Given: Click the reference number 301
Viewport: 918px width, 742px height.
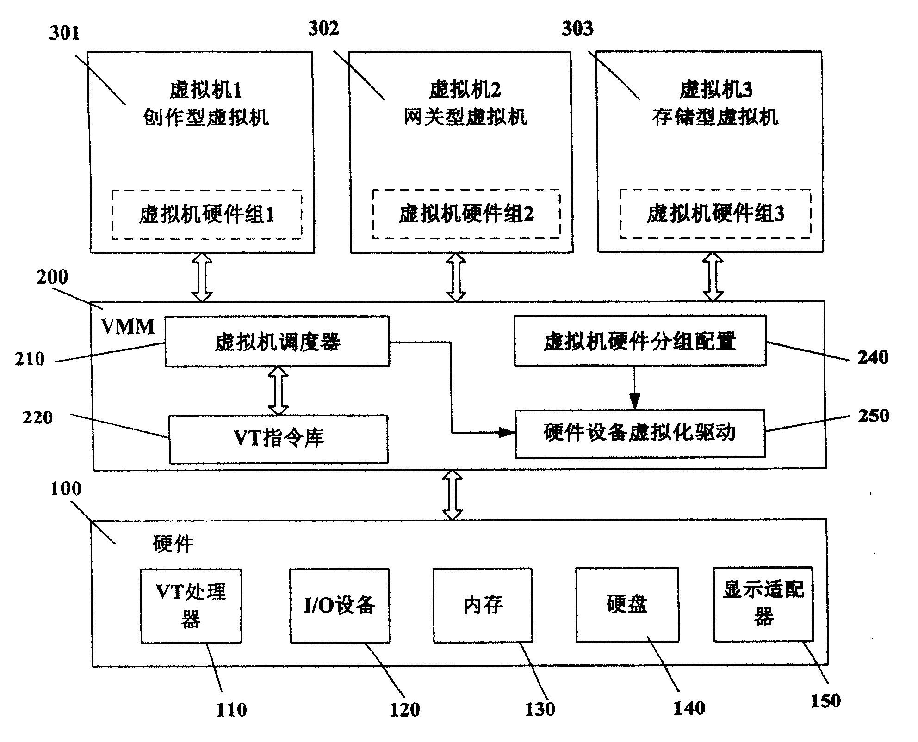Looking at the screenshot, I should tap(64, 33).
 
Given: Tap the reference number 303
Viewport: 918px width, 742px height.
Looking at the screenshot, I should tap(577, 29).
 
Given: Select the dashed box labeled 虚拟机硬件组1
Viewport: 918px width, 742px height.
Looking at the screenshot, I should tap(207, 215).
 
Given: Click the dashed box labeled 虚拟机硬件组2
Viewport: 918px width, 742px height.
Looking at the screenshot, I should tap(466, 214).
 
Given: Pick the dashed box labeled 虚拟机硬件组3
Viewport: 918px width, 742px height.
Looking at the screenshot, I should tap(715, 214).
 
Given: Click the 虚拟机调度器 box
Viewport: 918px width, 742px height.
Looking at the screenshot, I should tap(277, 342).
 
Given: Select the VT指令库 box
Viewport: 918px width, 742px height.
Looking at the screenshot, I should tap(279, 439).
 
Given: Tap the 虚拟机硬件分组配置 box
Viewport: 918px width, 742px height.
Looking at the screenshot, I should tap(640, 341).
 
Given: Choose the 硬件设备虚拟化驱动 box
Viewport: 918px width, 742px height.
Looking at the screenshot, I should tap(640, 433).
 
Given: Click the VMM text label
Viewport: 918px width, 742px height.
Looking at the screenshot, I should tap(128, 327).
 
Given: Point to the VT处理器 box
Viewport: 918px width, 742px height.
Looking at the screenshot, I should tap(191, 606).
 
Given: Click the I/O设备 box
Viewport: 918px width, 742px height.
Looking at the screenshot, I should tap(340, 605).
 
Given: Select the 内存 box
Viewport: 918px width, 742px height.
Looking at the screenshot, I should tap(483, 605).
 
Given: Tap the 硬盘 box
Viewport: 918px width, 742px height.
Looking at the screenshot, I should tap(627, 605).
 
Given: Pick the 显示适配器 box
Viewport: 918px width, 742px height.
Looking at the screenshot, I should tap(763, 604).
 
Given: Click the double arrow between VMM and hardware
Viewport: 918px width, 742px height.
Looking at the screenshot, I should tap(453, 495).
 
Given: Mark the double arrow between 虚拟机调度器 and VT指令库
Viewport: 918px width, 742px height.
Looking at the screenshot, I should tap(278, 391).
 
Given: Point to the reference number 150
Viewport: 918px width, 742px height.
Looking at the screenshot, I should tap(825, 701).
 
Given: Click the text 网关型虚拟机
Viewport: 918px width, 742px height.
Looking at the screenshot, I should tap(465, 117).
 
